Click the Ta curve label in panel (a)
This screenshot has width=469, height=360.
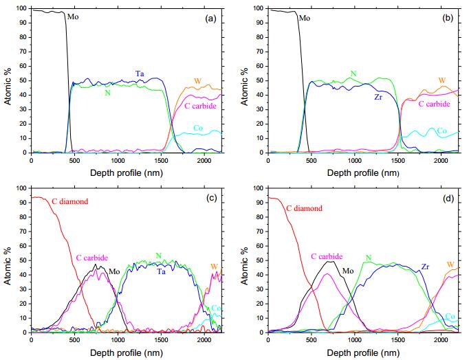click(x=139, y=73)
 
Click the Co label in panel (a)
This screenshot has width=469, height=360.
click(x=197, y=128)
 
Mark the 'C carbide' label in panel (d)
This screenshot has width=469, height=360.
click(x=327, y=256)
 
